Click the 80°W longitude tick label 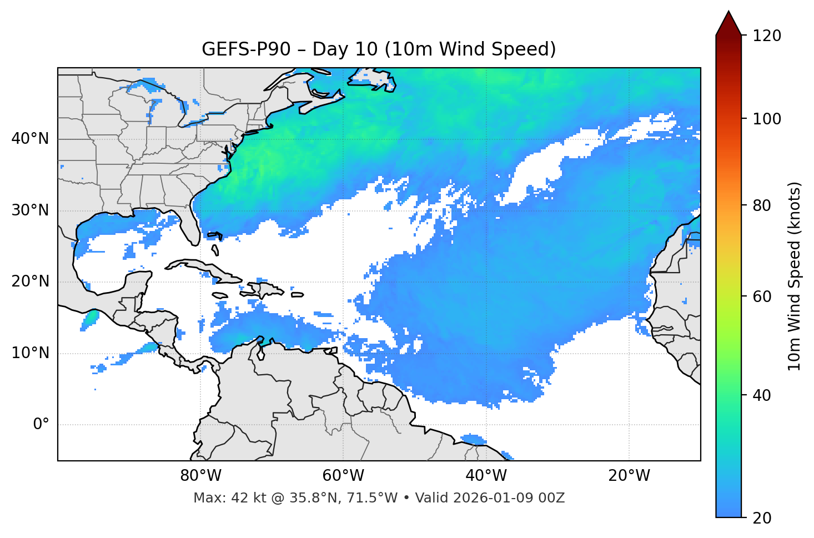click(x=200, y=476)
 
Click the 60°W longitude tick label click(x=343, y=476)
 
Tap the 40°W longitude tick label click(x=486, y=476)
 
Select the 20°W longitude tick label click(x=629, y=476)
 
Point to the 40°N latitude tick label click(x=30, y=139)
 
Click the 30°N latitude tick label click(x=30, y=210)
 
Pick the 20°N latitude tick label click(x=30, y=281)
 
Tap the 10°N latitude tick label click(x=30, y=353)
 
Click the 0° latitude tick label click(x=41, y=425)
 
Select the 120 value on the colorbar click(x=767, y=36)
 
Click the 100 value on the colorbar click(x=767, y=119)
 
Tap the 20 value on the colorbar click(x=763, y=518)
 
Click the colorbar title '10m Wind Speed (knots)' click(x=795, y=276)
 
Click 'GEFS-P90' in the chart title click(x=245, y=49)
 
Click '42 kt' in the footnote click(x=248, y=498)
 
